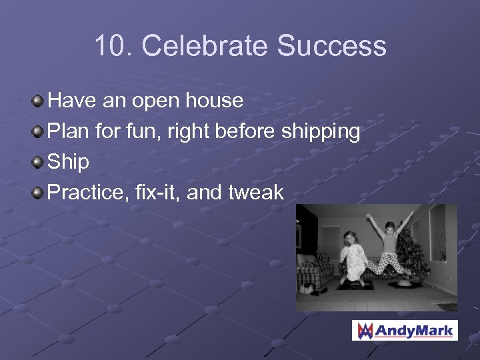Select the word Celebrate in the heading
point(205,46)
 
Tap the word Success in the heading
point(331,46)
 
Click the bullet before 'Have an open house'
point(38,101)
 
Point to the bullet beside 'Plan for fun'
point(38,132)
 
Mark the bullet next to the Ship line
point(38,163)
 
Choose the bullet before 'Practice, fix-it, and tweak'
point(38,193)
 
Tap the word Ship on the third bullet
point(69,163)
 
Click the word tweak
point(256,193)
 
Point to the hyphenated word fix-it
point(155,193)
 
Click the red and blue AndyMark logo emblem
point(365,330)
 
